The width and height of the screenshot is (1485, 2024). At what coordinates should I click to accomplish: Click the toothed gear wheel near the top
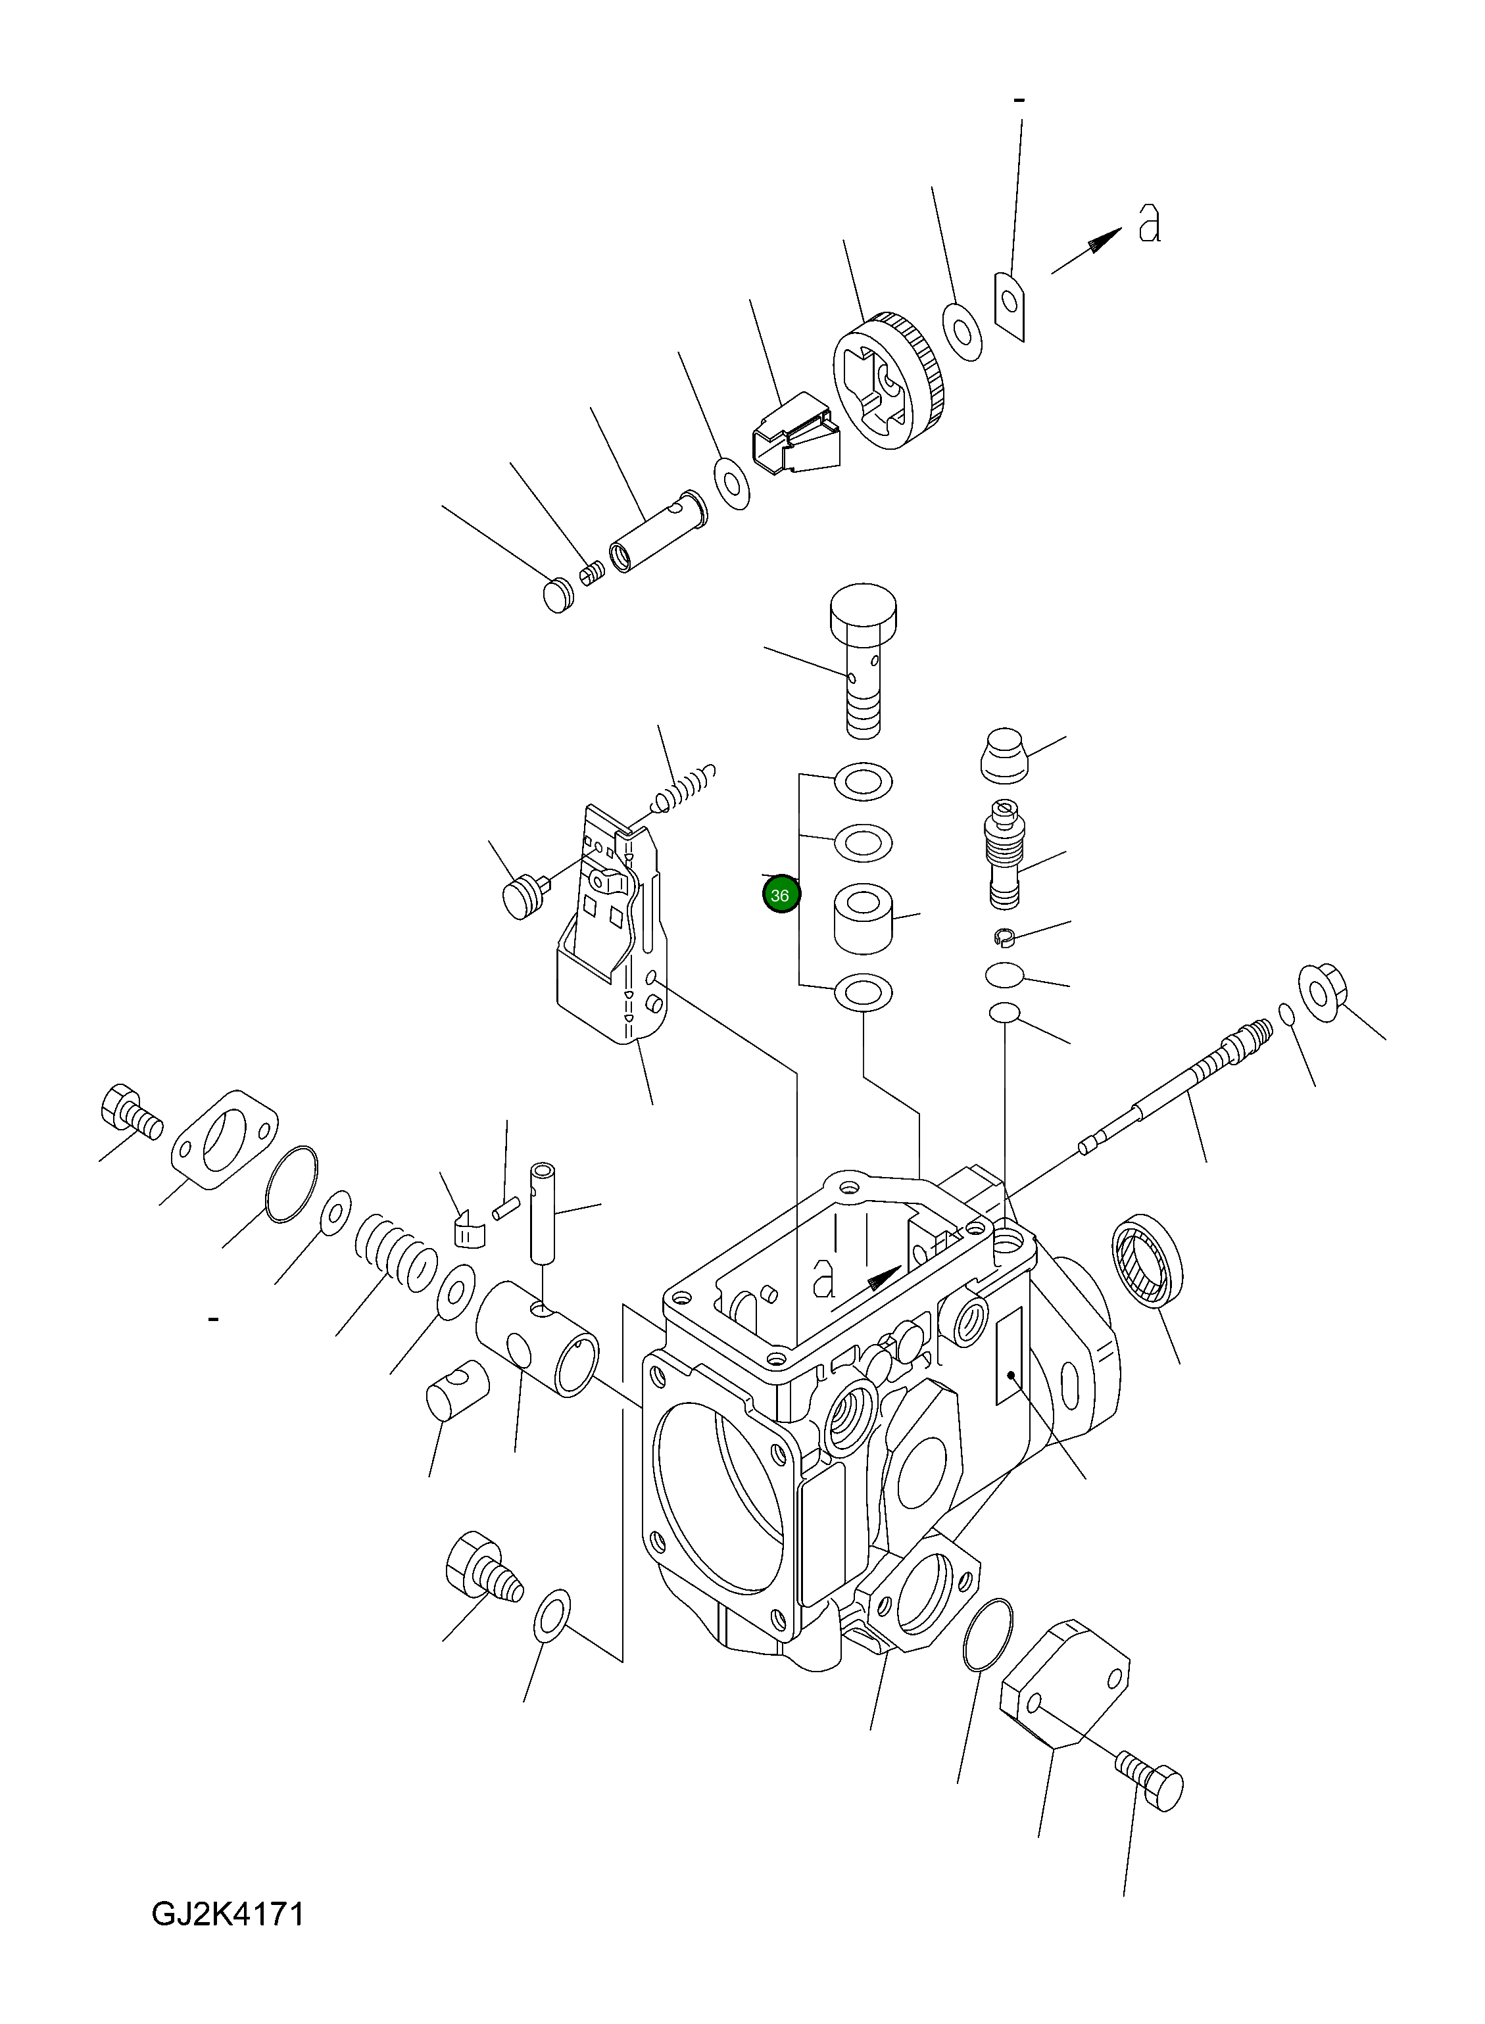[x=889, y=384]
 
